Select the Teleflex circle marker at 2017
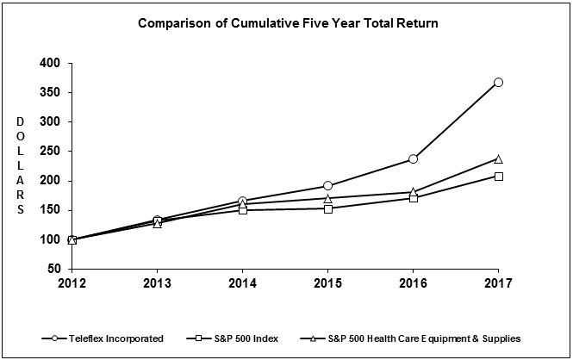[x=498, y=83]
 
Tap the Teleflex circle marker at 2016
[x=413, y=159]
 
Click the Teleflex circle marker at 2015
[x=327, y=186]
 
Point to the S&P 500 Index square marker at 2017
[x=498, y=177]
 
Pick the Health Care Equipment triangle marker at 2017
[x=498, y=159]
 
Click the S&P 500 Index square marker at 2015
[x=327, y=208]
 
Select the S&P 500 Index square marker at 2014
[x=243, y=210]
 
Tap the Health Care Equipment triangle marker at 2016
[x=413, y=192]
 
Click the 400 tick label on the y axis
[x=50, y=64]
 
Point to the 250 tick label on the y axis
[x=50, y=152]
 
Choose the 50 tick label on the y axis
[x=53, y=269]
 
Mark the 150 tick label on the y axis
[x=50, y=210]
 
